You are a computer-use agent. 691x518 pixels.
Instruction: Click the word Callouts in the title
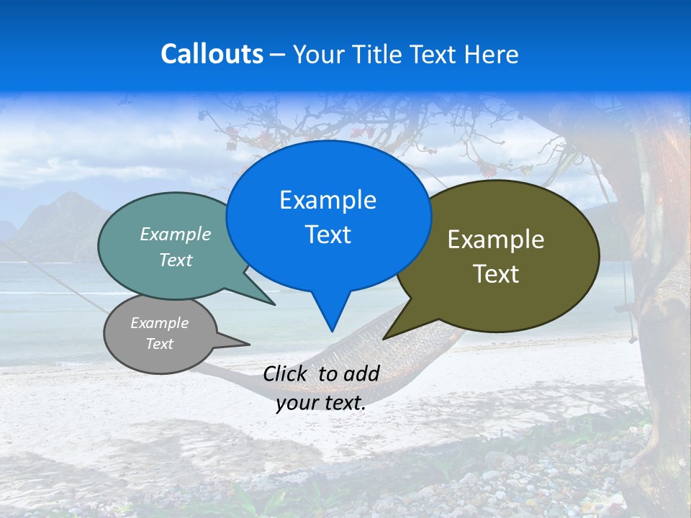pyautogui.click(x=212, y=54)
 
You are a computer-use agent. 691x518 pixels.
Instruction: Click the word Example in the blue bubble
pyautogui.click(x=328, y=200)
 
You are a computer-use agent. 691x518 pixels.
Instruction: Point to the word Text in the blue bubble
pyautogui.click(x=328, y=235)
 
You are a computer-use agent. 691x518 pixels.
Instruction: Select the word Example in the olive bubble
pyautogui.click(x=496, y=240)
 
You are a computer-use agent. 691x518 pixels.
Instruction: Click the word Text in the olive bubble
pyautogui.click(x=496, y=274)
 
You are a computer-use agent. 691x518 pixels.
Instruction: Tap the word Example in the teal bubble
pyautogui.click(x=176, y=235)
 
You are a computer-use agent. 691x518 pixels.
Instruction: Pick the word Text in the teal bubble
pyautogui.click(x=176, y=260)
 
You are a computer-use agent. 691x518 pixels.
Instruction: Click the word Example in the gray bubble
pyautogui.click(x=159, y=323)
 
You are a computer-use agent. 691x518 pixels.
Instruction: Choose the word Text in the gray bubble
pyautogui.click(x=159, y=344)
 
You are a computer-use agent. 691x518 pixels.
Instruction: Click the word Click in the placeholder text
pyautogui.click(x=286, y=373)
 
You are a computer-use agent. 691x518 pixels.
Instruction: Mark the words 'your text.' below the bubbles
pyautogui.click(x=321, y=403)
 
